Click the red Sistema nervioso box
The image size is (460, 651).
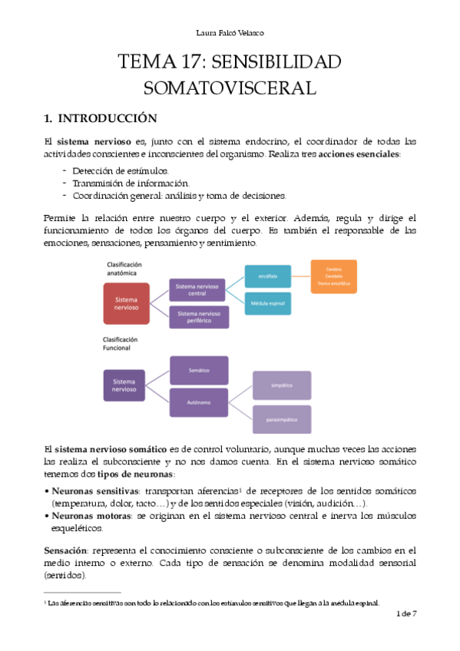(131, 303)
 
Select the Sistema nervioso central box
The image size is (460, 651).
(201, 289)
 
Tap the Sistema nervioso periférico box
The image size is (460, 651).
(201, 317)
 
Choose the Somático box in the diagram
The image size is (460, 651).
(199, 370)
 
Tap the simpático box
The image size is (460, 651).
(281, 385)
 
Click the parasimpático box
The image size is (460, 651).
(281, 419)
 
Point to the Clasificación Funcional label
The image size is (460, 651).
(121, 343)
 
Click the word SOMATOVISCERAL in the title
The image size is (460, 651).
(230, 88)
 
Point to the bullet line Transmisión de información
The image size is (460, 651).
(131, 183)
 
